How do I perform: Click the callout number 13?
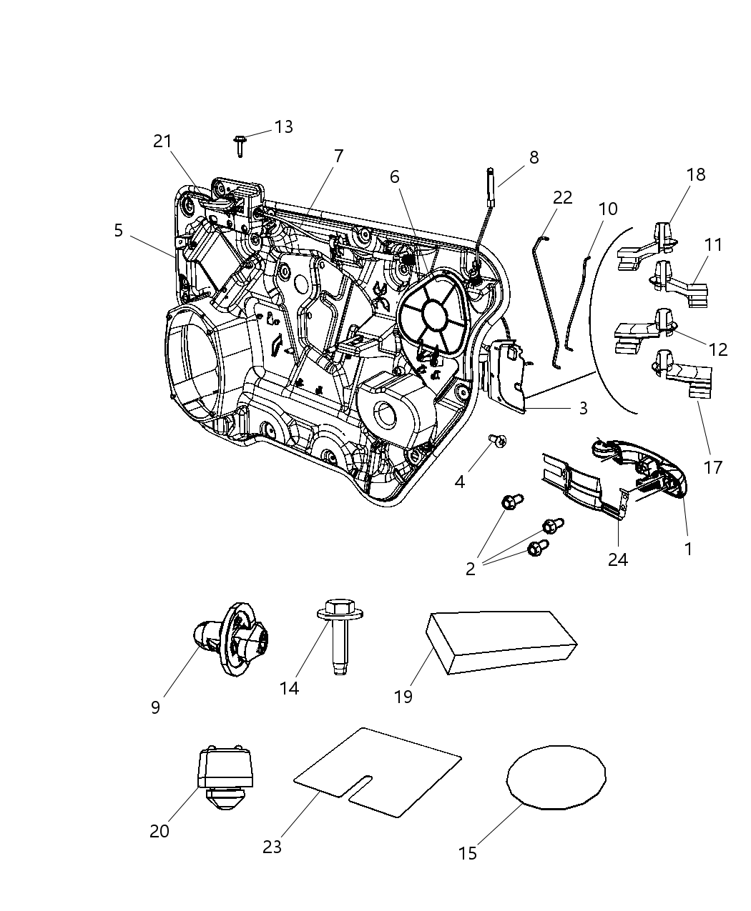[x=283, y=127]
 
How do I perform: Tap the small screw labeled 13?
[x=240, y=146]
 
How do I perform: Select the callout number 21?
[x=162, y=141]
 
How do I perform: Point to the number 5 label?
[x=118, y=230]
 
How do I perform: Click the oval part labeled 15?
[x=556, y=777]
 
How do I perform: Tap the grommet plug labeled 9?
[x=230, y=639]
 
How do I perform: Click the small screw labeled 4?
[x=496, y=441]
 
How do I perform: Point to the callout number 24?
[x=617, y=559]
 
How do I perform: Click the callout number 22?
[x=563, y=198]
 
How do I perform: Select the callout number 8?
[x=534, y=158]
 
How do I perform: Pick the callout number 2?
[x=471, y=569]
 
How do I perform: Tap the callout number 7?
[x=338, y=155]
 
